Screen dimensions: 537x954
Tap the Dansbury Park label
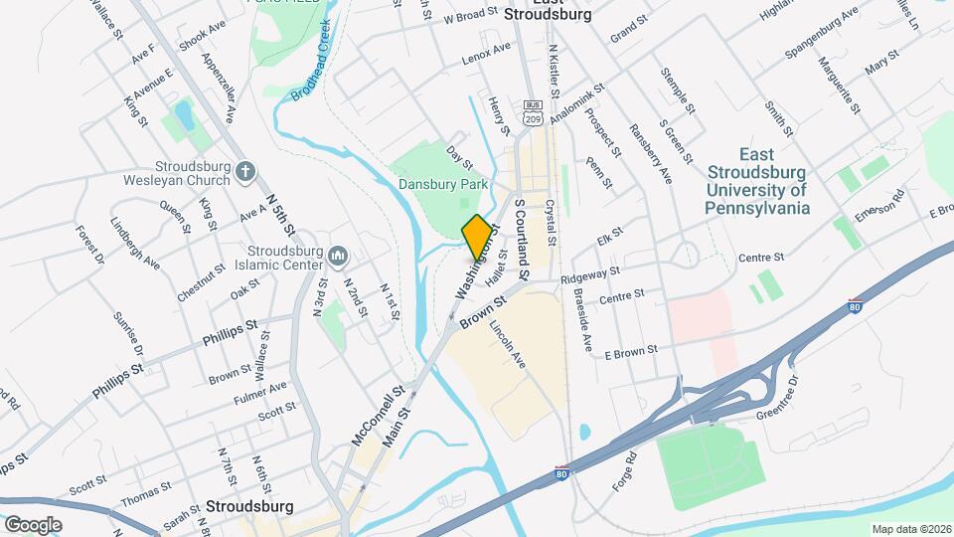point(443,184)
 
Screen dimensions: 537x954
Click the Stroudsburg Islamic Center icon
point(338,258)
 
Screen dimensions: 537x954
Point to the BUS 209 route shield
point(534,112)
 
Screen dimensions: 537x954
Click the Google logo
point(33,524)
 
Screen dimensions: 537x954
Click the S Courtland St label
point(524,237)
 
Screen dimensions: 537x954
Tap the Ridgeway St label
point(590,274)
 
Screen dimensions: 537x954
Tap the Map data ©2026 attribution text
point(909,529)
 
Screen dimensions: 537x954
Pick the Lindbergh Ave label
point(135,244)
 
